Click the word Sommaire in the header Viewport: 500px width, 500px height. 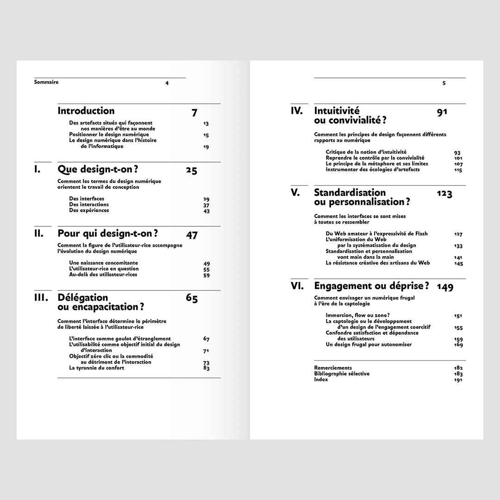(46, 82)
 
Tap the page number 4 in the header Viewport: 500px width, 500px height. (167, 83)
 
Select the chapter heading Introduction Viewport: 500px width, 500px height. (86, 111)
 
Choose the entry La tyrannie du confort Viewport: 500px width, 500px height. (97, 368)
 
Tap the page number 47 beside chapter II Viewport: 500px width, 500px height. (192, 235)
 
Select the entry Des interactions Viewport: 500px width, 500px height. (89, 205)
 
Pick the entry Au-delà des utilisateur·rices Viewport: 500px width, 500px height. (103, 275)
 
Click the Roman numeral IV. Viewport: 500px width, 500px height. (297, 111)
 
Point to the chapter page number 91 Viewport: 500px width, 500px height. (442, 112)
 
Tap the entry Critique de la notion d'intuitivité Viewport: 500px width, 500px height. (366, 152)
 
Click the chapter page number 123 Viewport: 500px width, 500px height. (444, 194)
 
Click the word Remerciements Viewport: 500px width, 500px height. (333, 368)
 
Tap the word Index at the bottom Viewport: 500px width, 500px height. (321, 380)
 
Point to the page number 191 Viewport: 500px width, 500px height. (458, 380)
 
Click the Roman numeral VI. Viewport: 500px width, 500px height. (297, 286)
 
